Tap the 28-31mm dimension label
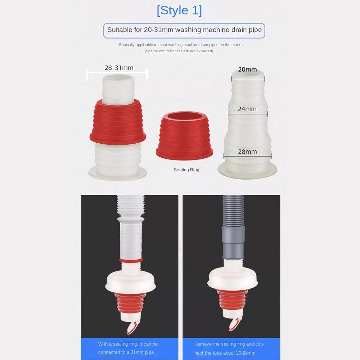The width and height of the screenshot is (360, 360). [x=119, y=68]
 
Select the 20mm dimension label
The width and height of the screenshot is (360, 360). [x=247, y=69]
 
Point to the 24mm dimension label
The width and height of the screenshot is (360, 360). [x=247, y=109]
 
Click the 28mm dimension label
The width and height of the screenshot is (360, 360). [x=247, y=152]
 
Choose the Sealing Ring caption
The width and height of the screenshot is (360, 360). [x=186, y=170]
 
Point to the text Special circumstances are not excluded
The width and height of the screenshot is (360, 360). [x=179, y=51]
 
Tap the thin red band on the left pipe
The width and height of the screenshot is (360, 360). [x=130, y=260]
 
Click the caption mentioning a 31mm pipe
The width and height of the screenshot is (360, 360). [x=128, y=348]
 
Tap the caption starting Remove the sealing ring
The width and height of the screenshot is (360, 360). [x=229, y=348]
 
